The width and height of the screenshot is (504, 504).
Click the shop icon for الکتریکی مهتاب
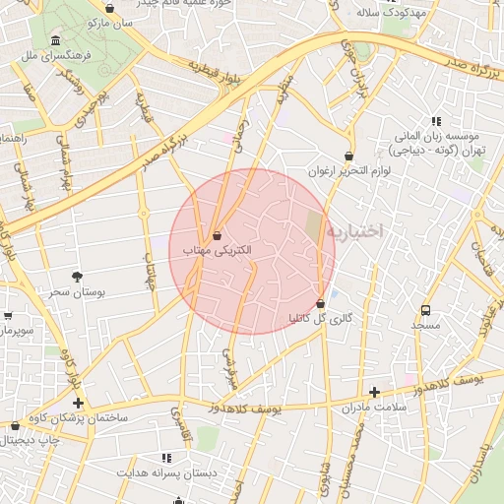pos(217,236)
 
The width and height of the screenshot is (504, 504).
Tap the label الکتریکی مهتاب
pos(218,251)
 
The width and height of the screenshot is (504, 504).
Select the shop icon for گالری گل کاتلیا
pos(321,303)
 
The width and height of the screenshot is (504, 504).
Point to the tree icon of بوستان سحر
pos(78,277)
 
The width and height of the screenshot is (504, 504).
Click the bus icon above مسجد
pos(425,309)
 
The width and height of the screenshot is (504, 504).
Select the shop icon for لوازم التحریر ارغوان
pos(349,156)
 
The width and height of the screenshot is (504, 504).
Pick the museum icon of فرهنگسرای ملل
pos(54,41)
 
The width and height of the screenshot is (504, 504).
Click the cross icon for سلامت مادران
pos(373,392)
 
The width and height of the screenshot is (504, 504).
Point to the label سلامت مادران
pos(373,408)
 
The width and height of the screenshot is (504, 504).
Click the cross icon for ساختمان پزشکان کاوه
pos(78,403)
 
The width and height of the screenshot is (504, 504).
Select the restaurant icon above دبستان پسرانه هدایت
pos(165,458)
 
